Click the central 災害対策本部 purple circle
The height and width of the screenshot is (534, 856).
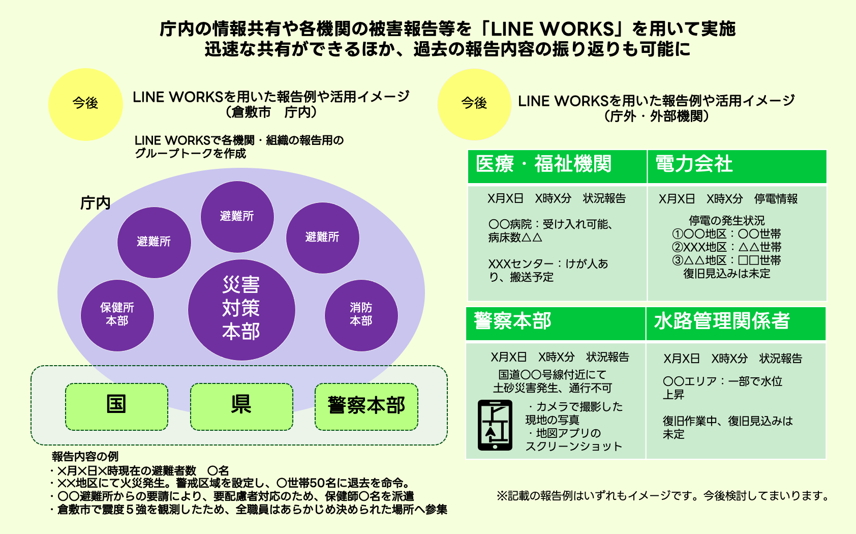click(241, 309)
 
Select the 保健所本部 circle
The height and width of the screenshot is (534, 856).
click(117, 315)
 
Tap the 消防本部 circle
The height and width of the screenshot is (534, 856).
click(361, 315)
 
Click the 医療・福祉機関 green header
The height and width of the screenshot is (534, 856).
click(557, 166)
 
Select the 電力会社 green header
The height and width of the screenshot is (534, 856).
click(737, 166)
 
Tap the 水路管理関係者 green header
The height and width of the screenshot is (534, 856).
click(736, 323)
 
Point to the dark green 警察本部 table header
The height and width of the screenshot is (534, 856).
click(556, 323)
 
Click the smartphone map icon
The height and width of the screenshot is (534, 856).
click(495, 425)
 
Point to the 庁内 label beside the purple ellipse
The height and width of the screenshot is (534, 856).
click(95, 203)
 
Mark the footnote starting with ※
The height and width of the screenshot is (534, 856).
click(662, 496)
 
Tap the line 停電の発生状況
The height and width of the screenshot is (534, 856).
click(726, 221)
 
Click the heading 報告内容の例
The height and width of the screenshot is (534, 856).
click(85, 456)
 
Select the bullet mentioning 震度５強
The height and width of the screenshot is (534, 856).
click(249, 510)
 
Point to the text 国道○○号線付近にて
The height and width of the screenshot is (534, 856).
click(552, 375)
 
